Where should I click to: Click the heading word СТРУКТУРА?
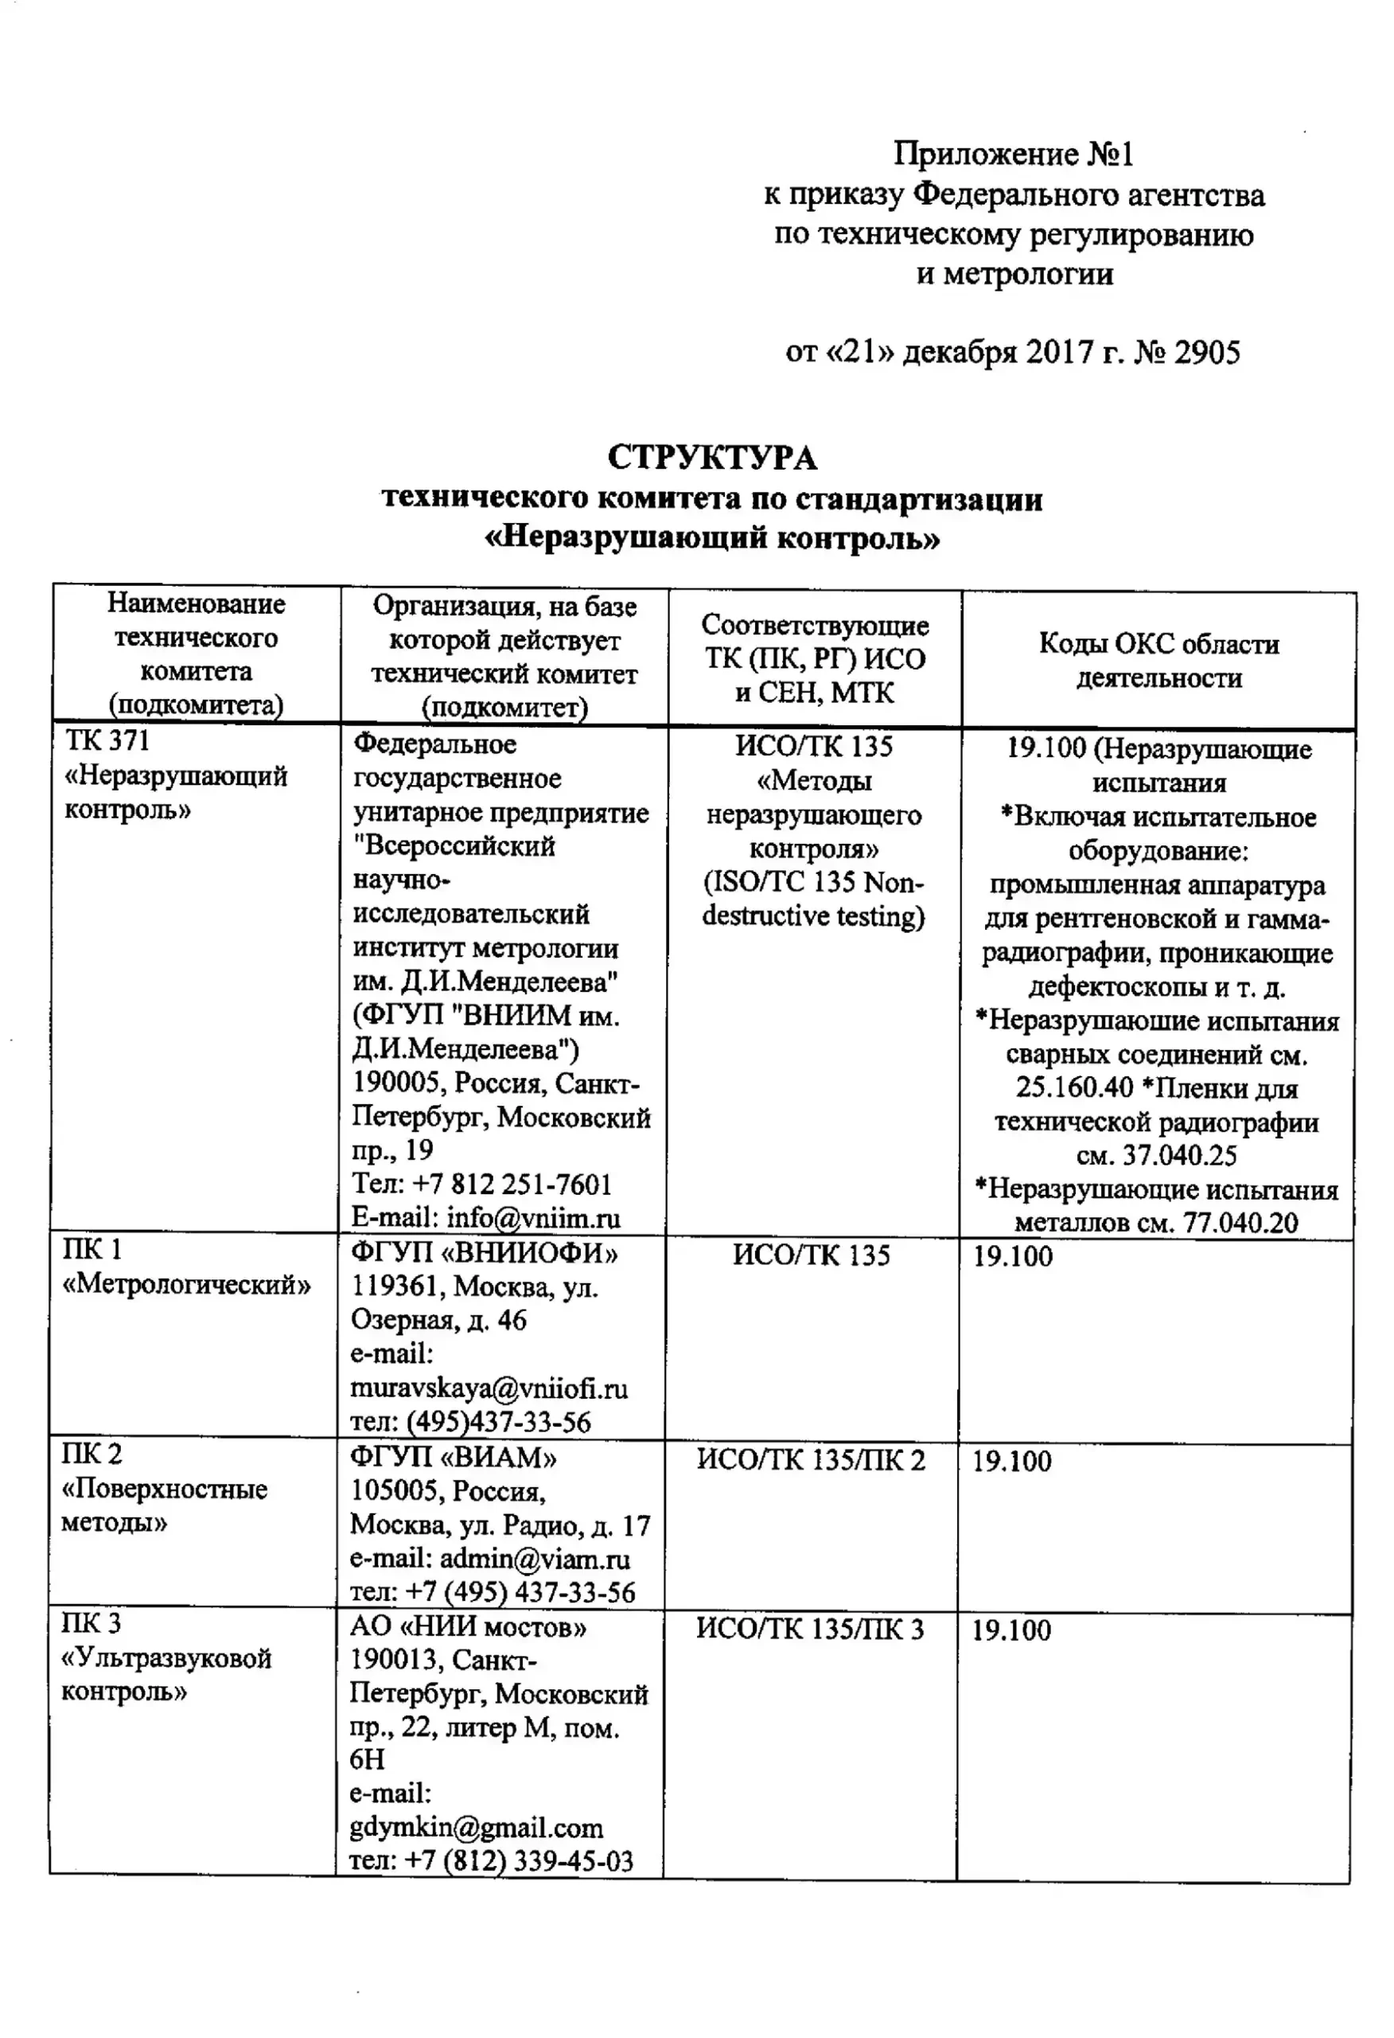[x=712, y=458]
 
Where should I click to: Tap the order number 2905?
[x=1207, y=353]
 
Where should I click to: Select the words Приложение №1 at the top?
[x=1014, y=154]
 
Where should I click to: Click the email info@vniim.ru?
[x=533, y=1218]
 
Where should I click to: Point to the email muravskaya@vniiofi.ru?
[x=489, y=1388]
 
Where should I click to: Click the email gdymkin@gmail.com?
[x=476, y=1828]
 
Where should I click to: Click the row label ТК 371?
[x=107, y=741]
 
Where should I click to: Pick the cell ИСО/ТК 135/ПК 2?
[x=810, y=1460]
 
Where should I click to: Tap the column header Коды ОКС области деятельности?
[x=1158, y=660]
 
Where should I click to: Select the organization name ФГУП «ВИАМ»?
[x=454, y=1458]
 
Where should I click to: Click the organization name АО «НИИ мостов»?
[x=468, y=1626]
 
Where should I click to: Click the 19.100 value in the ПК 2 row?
[x=1012, y=1461]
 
